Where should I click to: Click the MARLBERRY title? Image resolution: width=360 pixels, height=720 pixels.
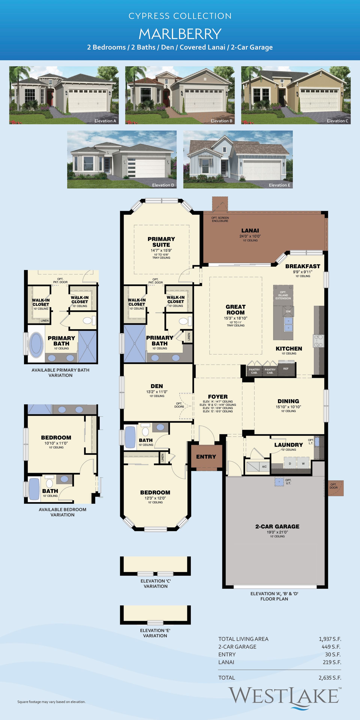[180, 34]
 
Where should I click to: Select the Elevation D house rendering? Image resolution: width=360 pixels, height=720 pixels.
[122, 159]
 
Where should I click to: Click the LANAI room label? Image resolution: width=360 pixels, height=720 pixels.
[250, 231]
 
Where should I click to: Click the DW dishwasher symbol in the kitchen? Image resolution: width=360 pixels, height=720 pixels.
[288, 311]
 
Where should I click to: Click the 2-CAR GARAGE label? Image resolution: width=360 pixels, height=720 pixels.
[277, 526]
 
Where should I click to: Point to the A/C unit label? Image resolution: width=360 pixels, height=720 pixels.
[264, 466]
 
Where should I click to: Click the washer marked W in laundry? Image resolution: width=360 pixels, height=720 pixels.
[303, 463]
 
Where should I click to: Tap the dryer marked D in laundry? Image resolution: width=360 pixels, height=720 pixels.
[290, 463]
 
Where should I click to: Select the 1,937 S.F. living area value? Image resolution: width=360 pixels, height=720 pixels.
[330, 639]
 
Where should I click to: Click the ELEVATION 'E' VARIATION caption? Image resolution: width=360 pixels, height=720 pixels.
[155, 633]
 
